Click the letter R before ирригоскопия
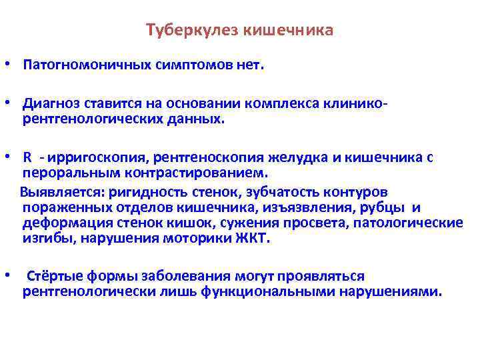27,158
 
